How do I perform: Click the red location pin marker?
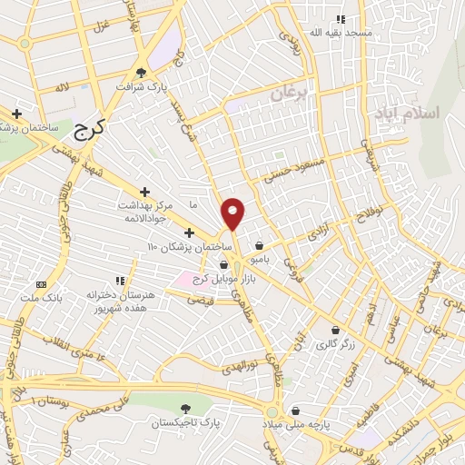click(233, 214)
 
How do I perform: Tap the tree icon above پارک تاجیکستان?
click(185, 410)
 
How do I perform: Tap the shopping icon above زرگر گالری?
click(337, 330)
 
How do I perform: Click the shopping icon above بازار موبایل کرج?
click(223, 264)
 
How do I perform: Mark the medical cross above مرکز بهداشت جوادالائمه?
click(144, 191)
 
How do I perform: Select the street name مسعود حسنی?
click(292, 168)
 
